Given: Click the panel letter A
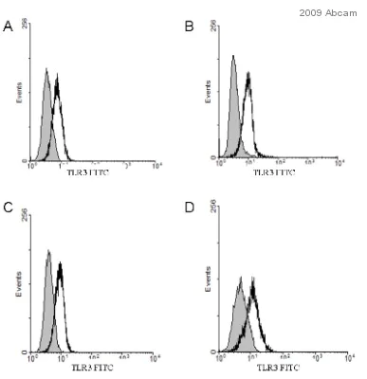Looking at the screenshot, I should point(8,27).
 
